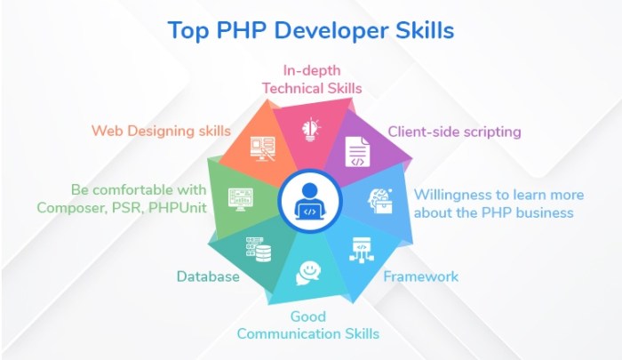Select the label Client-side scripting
tap(454, 132)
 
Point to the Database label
tap(208, 276)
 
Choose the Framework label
tap(420, 276)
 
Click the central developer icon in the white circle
tap(309, 201)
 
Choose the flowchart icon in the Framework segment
tap(361, 251)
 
